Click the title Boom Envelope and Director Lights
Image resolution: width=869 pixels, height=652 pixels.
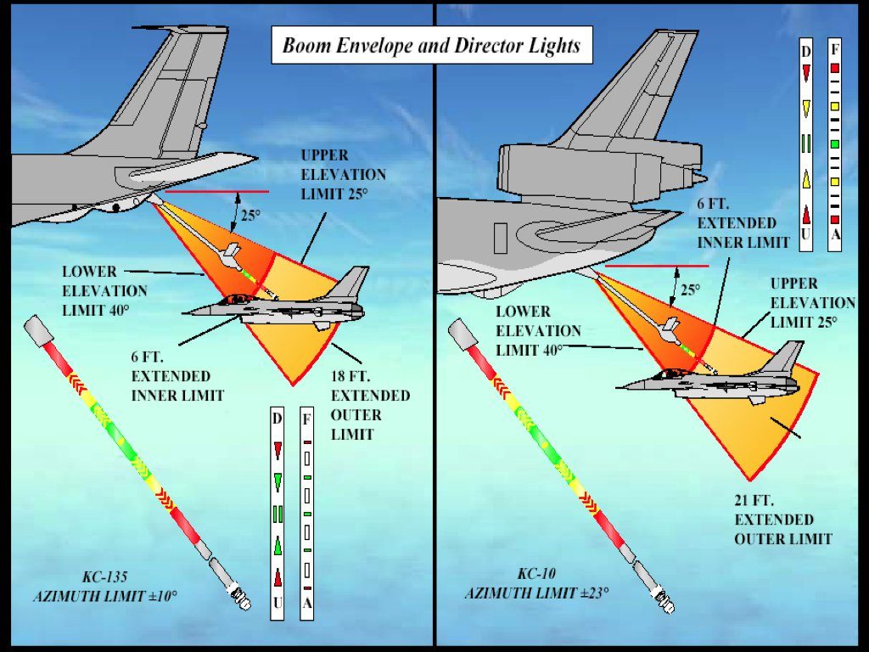(x=431, y=46)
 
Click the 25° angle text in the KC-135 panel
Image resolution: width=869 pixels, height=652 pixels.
(x=249, y=215)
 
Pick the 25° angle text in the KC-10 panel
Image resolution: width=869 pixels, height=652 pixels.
(x=691, y=289)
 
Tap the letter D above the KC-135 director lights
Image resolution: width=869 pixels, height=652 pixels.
(x=277, y=419)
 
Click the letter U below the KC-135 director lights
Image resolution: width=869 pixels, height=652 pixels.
(x=277, y=603)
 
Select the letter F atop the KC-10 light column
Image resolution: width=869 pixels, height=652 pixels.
(x=835, y=49)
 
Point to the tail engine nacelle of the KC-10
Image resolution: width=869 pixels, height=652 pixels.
(x=598, y=167)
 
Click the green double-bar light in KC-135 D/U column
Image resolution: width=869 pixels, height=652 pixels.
(x=277, y=514)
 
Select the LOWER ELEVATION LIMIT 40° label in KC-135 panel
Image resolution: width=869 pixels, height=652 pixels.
(x=104, y=289)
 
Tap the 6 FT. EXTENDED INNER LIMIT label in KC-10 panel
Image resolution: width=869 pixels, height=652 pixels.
(x=737, y=222)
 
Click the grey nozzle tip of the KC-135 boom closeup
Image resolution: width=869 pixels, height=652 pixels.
(x=242, y=600)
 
